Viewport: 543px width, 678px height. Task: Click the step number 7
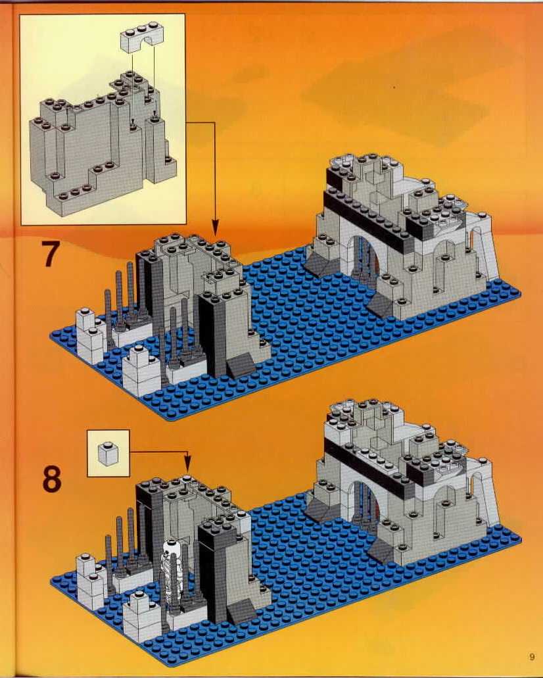(x=50, y=253)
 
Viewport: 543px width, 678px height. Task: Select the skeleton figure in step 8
(x=169, y=563)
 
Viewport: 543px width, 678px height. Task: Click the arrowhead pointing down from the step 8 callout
(x=187, y=467)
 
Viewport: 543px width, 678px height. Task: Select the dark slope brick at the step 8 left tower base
(x=242, y=612)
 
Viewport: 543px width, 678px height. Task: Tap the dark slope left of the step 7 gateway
(x=320, y=263)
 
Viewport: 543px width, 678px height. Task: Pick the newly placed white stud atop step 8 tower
(x=187, y=478)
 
